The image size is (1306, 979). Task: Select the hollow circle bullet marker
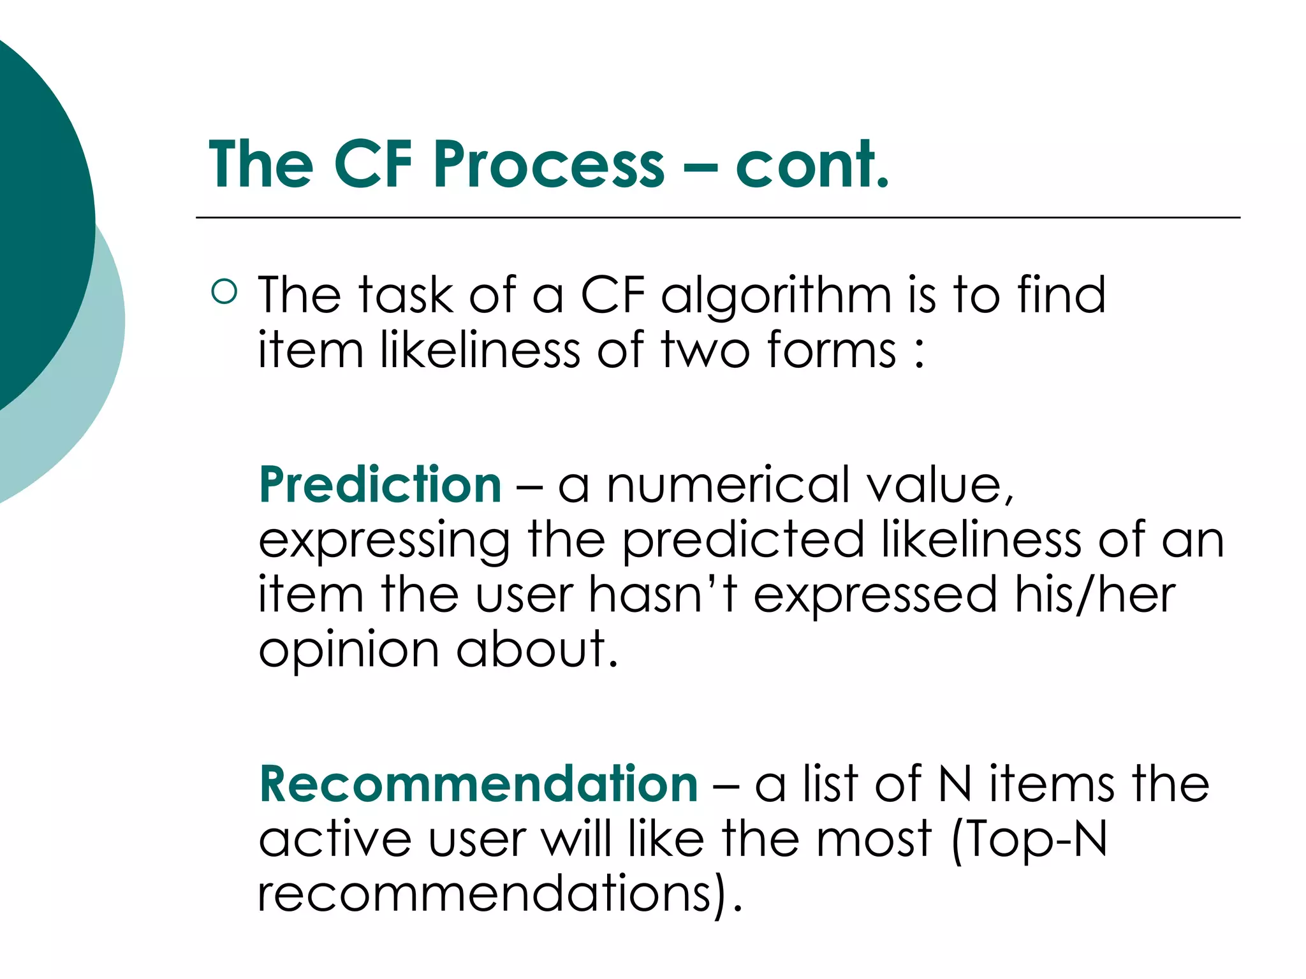click(224, 292)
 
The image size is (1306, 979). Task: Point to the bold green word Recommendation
click(478, 784)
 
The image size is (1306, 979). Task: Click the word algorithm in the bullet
click(776, 296)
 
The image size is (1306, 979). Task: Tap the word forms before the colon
click(832, 350)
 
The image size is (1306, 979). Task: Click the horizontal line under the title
click(717, 218)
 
